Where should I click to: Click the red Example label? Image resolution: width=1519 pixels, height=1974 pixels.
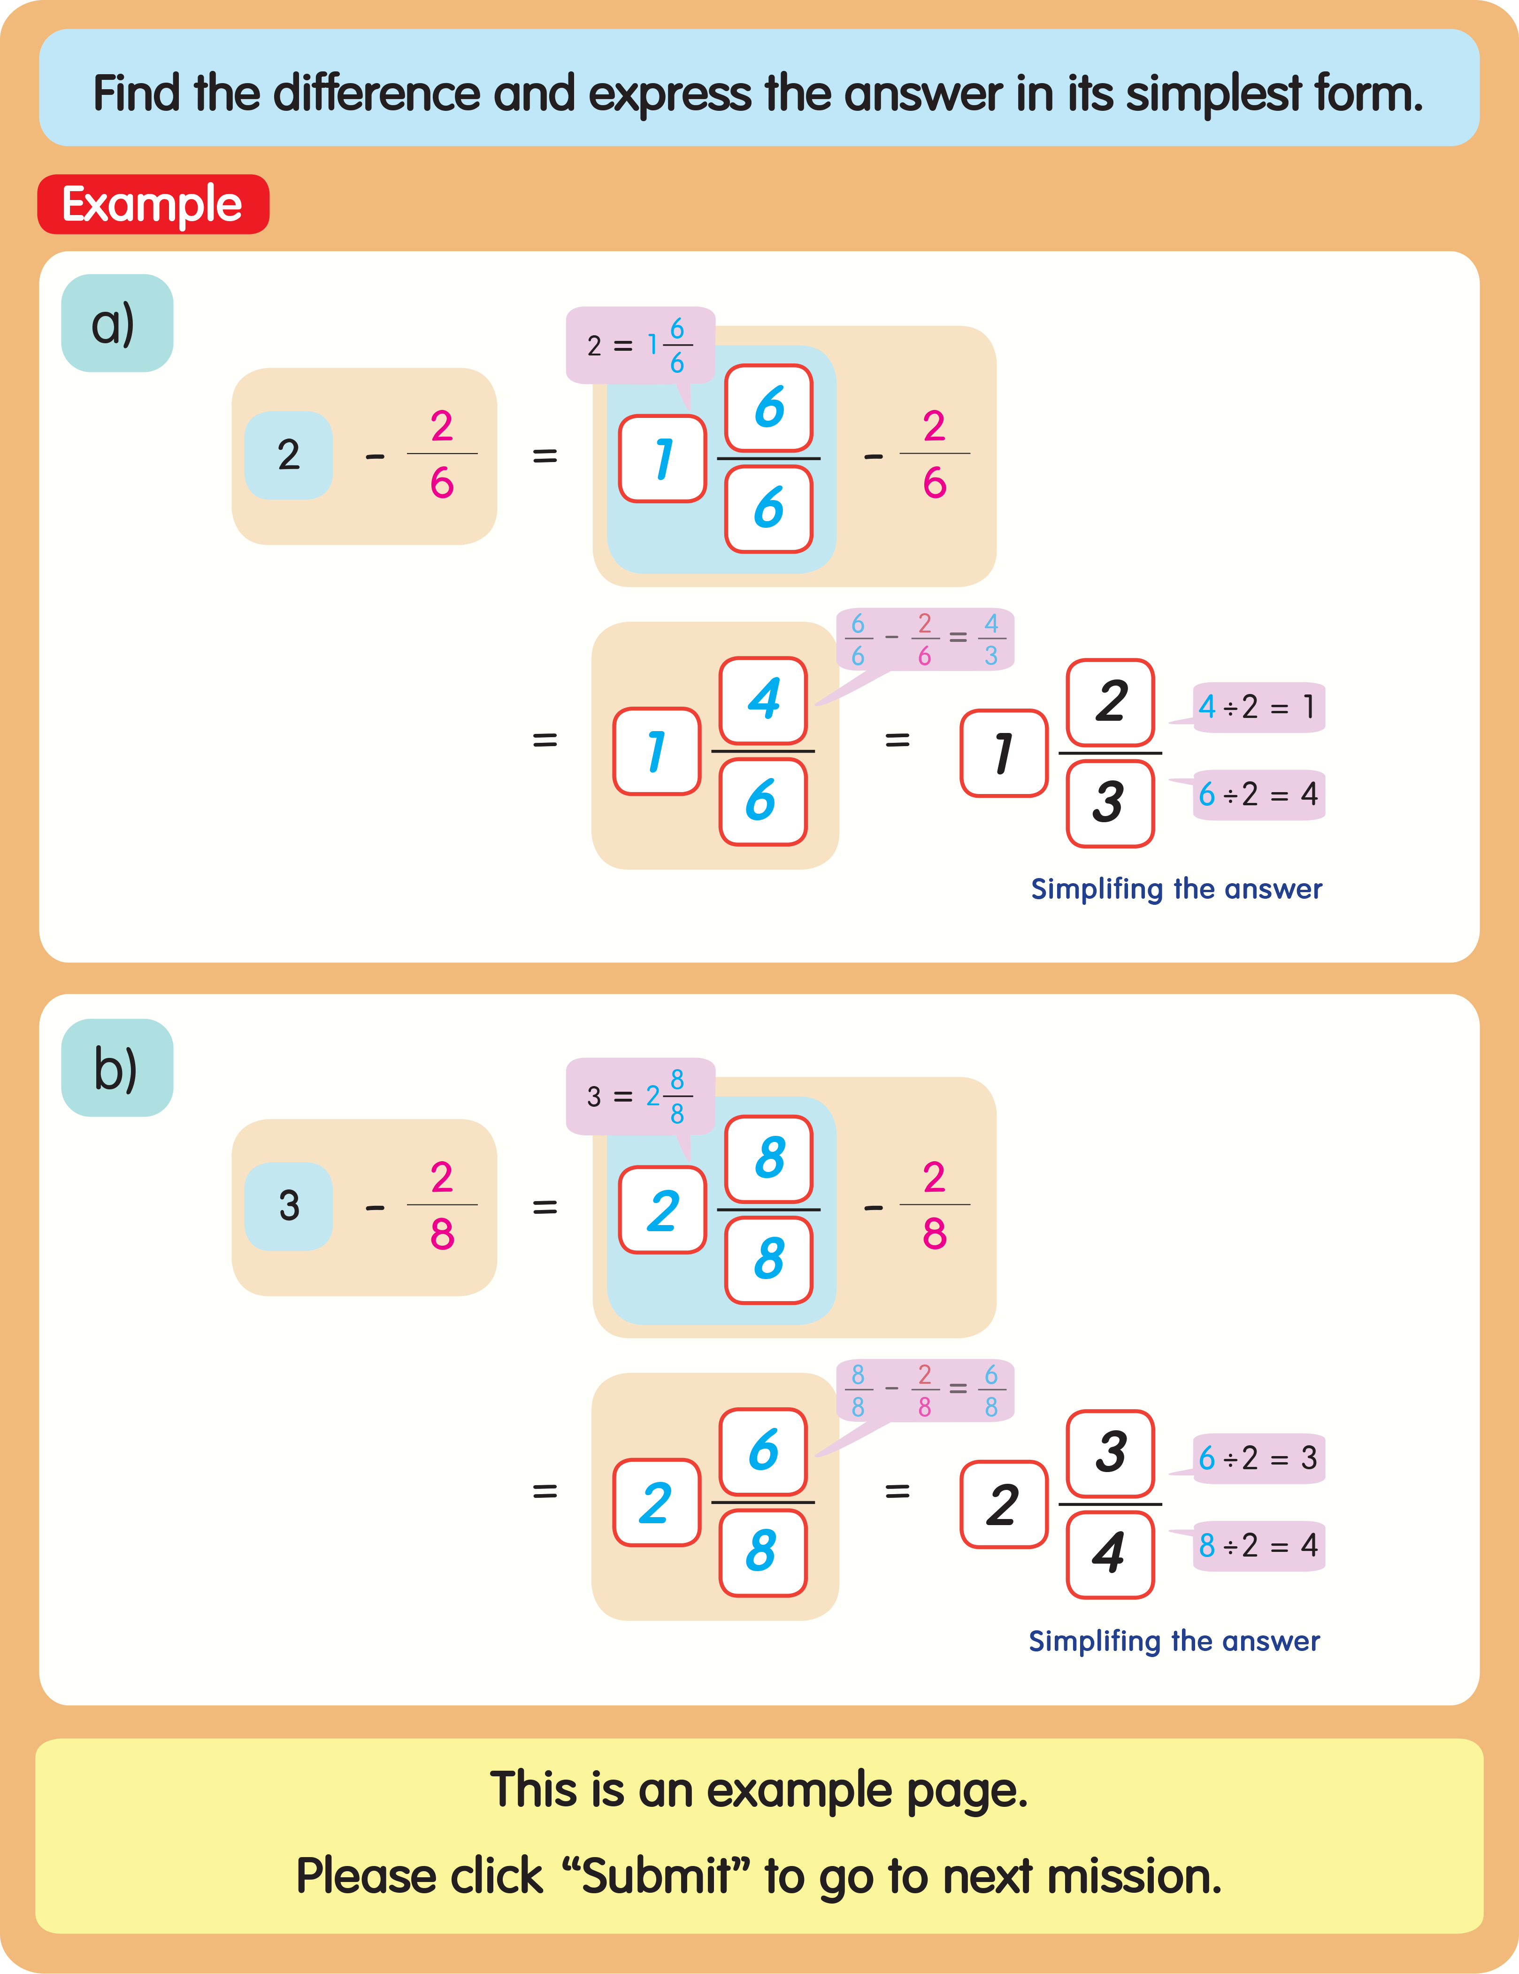coord(153,204)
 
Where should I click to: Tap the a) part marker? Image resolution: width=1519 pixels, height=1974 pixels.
coord(116,324)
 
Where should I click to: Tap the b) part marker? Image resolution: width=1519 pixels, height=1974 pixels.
coord(116,1068)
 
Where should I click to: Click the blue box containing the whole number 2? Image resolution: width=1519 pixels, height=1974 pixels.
coord(288,455)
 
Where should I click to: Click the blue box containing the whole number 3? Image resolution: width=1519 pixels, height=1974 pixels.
coord(288,1206)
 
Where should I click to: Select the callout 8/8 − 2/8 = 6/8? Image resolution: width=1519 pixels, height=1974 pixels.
coord(924,1390)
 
